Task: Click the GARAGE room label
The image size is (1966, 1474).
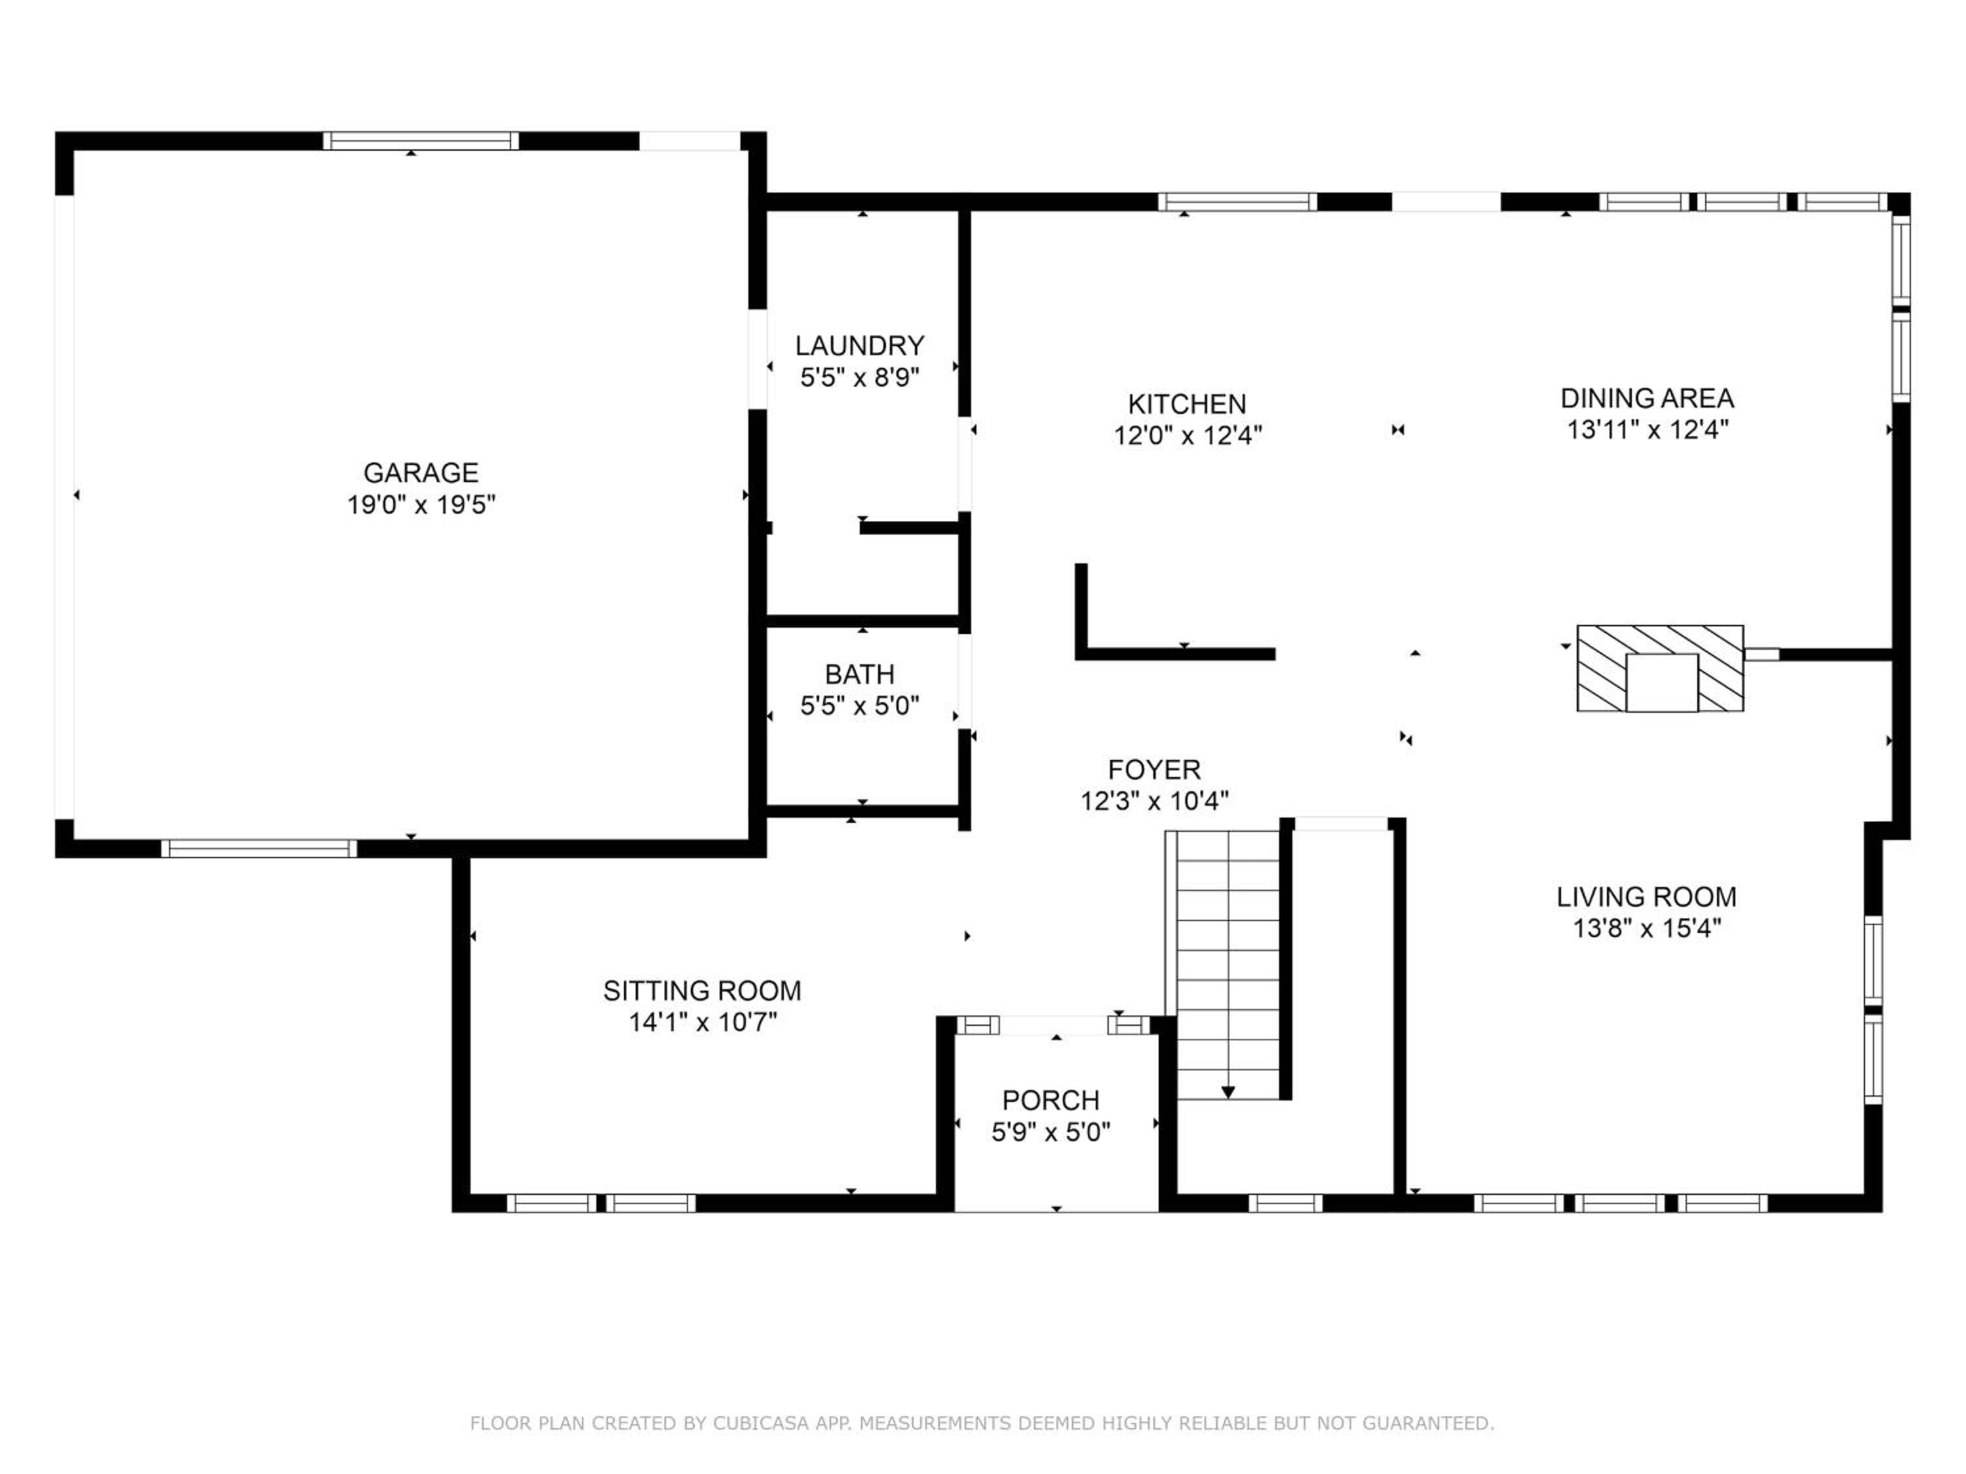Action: point(421,473)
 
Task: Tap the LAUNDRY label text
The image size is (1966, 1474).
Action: point(859,346)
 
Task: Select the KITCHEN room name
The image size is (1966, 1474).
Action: point(1187,404)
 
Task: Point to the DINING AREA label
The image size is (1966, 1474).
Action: point(1647,398)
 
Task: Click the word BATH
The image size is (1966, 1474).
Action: point(859,674)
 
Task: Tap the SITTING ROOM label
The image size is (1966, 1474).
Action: point(702,991)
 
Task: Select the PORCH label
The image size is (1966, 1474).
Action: point(1050,1101)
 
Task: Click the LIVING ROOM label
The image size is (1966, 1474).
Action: point(1646,896)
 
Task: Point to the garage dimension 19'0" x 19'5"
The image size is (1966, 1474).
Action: point(421,504)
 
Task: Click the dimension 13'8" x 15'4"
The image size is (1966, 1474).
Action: point(1647,928)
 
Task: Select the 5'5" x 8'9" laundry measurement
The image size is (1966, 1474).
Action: point(859,377)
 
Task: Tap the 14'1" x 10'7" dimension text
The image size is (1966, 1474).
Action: point(702,1023)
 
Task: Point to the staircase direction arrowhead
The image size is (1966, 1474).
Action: point(1227,1092)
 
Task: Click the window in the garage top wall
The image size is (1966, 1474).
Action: point(421,140)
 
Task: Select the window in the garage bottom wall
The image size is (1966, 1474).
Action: point(259,848)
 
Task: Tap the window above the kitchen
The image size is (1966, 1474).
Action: point(1237,202)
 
